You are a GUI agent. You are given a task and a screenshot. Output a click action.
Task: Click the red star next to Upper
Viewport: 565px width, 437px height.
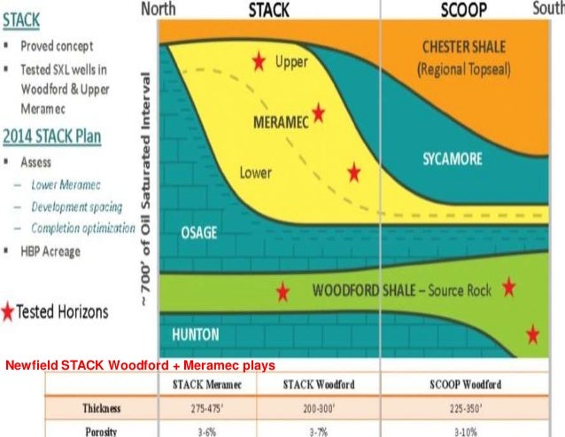pyautogui.click(x=259, y=61)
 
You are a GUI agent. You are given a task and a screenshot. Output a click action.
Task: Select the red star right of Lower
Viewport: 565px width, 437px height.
pyautogui.click(x=354, y=171)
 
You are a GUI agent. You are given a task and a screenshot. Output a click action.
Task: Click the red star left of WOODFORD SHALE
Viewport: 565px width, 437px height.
pyautogui.click(x=282, y=291)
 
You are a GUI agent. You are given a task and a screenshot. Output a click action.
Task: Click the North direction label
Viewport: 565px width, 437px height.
pyautogui.click(x=161, y=11)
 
